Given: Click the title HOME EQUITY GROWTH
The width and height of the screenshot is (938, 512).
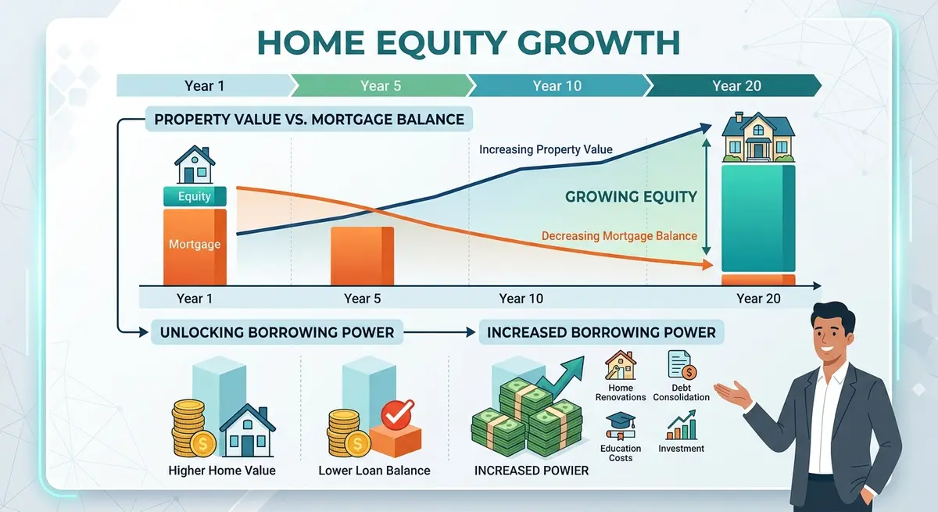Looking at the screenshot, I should coord(468,43).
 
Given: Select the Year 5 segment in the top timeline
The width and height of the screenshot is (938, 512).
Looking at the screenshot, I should coord(381,85).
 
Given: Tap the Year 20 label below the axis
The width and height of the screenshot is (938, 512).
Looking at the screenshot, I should coord(757,299).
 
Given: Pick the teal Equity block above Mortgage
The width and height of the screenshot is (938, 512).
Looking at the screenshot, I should coord(195,197).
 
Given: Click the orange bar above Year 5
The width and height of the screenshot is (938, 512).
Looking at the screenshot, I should coord(363,256).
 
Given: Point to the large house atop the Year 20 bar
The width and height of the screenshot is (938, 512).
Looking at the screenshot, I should coord(758,138).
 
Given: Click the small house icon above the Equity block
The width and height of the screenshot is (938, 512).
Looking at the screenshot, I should coord(195,166).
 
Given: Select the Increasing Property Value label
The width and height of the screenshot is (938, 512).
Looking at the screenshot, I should coord(546,149).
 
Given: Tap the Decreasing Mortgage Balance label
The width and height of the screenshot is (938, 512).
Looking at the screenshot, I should coord(619,236).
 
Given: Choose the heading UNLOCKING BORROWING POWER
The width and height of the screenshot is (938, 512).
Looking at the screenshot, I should coord(277,332).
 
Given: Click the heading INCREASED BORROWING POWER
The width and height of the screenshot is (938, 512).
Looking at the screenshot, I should coord(601,332).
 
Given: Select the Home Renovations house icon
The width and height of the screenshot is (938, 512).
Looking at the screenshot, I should coord(621,365).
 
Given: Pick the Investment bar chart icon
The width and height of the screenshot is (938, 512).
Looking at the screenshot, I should coord(681,427).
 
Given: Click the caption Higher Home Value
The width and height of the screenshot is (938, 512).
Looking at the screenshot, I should coord(222,471).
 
